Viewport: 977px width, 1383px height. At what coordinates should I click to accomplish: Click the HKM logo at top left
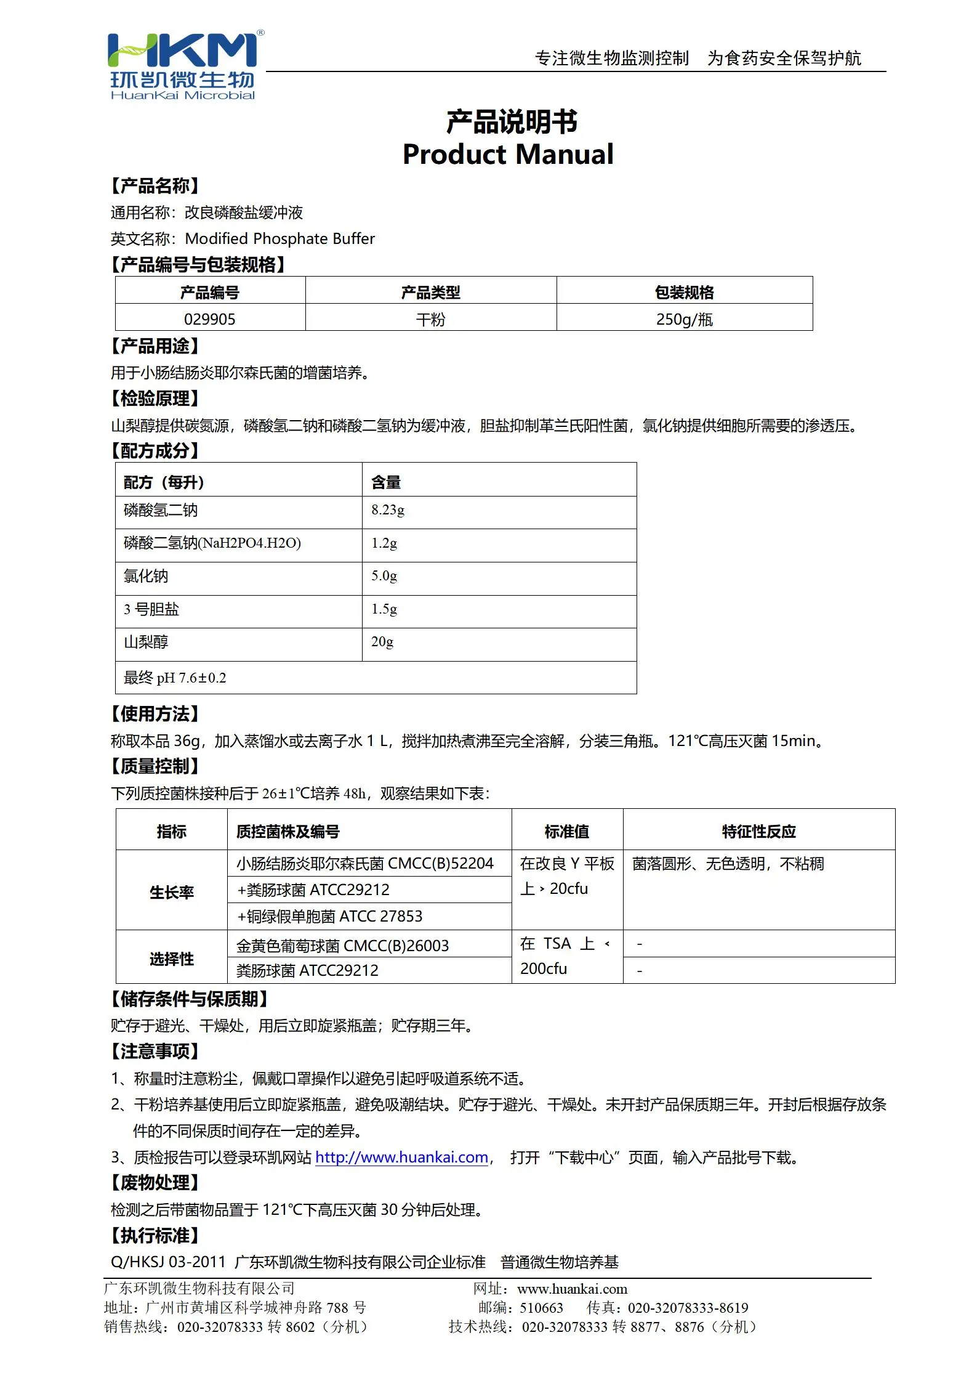point(183,65)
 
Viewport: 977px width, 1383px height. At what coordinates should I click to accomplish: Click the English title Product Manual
point(508,154)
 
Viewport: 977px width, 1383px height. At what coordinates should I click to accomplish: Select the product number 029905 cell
point(210,319)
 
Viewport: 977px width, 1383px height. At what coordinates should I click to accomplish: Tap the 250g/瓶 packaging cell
point(684,319)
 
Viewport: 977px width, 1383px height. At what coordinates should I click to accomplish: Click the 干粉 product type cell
point(430,319)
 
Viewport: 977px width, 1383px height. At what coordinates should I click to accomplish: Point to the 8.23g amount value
point(388,510)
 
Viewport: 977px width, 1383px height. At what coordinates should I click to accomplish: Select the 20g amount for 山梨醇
point(382,642)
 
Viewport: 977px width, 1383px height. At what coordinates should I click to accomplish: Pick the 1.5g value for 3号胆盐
point(384,609)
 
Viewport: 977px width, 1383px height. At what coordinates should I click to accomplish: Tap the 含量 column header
point(386,482)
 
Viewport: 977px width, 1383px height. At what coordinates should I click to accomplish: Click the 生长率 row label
point(171,892)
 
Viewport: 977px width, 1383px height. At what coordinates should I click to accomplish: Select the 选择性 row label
point(171,959)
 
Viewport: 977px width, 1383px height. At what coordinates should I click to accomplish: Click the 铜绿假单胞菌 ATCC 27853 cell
point(330,917)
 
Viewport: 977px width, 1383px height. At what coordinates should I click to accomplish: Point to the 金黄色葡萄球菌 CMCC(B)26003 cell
point(343,946)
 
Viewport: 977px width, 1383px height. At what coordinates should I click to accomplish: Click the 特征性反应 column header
point(758,832)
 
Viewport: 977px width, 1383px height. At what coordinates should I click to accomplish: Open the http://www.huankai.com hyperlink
point(401,1158)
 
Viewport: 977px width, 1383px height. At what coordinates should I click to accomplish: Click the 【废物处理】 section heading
point(155,1183)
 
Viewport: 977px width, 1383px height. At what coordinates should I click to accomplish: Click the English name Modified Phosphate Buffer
point(279,239)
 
